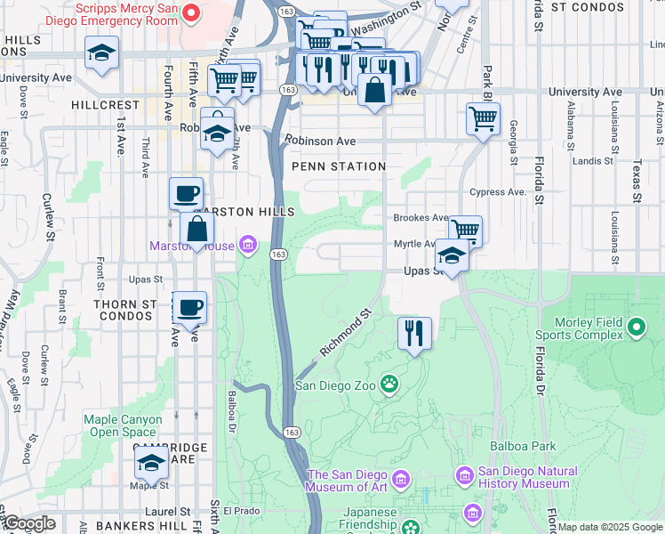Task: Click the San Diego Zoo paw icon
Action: [x=389, y=384]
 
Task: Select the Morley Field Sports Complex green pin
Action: [x=636, y=328]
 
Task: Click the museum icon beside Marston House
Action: [x=248, y=246]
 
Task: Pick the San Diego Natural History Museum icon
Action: [x=464, y=477]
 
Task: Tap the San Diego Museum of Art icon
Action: [x=400, y=481]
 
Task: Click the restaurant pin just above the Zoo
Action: [x=414, y=334]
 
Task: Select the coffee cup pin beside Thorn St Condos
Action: [x=189, y=308]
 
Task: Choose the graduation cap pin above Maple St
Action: [x=151, y=463]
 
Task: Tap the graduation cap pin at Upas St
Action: [x=453, y=256]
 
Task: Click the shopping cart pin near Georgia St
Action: [x=483, y=118]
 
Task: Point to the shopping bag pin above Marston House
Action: [x=196, y=229]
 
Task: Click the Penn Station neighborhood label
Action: [x=339, y=166]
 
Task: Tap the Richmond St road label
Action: [x=345, y=334]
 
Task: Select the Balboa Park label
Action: [x=522, y=445]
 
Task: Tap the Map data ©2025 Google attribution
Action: [x=610, y=527]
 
